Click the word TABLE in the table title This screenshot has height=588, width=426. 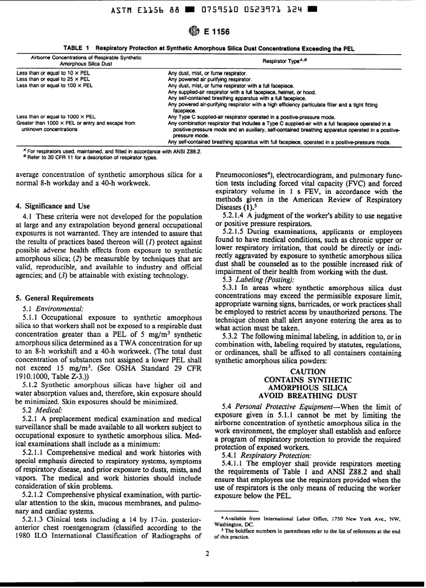tap(73, 48)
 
